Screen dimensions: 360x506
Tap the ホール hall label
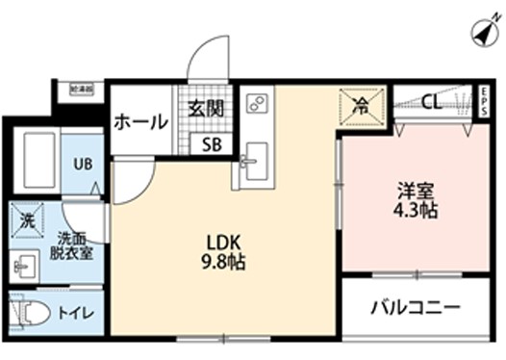[140, 122]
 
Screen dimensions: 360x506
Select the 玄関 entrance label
[206, 108]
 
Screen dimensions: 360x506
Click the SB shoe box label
[209, 144]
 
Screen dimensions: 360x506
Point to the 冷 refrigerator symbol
[360, 104]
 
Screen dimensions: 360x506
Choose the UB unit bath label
[84, 164]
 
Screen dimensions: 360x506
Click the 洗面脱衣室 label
[72, 245]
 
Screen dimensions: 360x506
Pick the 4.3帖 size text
[416, 210]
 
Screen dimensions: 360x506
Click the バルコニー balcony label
[416, 310]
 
